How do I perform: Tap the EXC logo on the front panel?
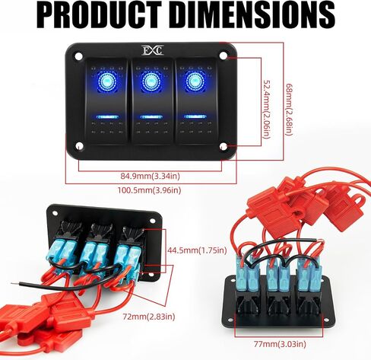point(153,50)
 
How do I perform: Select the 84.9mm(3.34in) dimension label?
point(150,176)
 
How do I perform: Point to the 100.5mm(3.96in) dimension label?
point(149,190)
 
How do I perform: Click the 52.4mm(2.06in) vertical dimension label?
point(267,110)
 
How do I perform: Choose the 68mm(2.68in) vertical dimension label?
point(289,109)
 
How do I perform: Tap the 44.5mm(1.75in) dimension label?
point(197,250)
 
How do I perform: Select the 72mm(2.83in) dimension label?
point(149,317)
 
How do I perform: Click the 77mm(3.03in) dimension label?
point(280,344)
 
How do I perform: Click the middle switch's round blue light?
point(151,81)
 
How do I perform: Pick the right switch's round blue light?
point(195,81)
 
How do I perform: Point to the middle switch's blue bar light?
point(151,117)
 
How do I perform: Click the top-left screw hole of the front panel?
point(79,56)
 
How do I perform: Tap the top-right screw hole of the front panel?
point(224,56)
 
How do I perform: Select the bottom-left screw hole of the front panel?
point(79,146)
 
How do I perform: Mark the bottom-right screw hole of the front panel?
point(224,147)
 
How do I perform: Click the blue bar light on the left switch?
point(107,117)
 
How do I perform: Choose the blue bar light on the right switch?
point(195,116)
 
